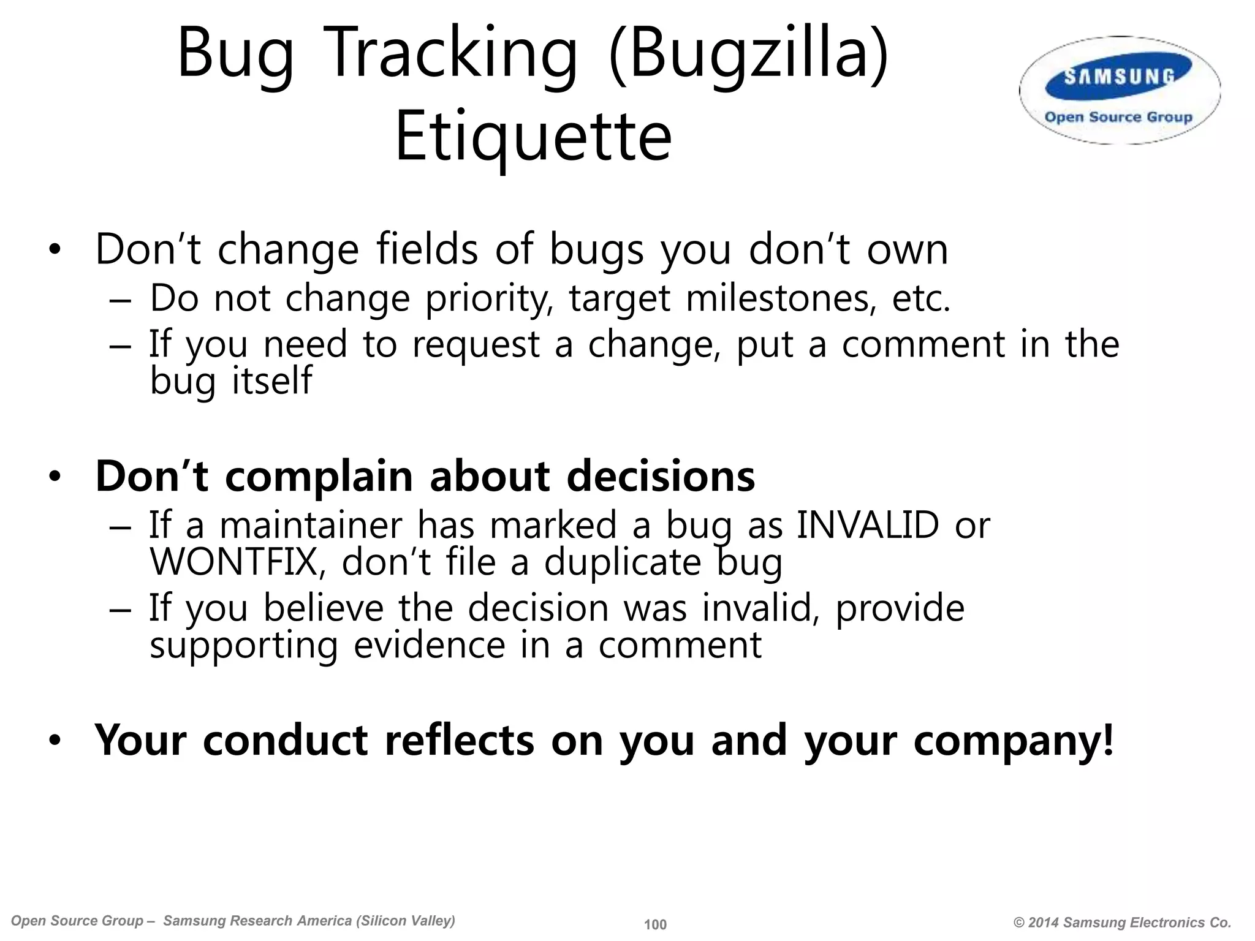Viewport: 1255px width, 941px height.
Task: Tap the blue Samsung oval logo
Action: click(x=1119, y=77)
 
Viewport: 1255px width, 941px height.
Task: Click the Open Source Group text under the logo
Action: click(x=1118, y=117)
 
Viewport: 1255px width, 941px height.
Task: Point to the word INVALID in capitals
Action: click(x=867, y=526)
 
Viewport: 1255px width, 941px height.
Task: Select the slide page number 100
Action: click(x=655, y=924)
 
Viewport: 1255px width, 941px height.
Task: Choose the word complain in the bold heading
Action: click(x=319, y=477)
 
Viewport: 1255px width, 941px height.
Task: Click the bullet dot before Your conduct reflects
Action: click(x=55, y=741)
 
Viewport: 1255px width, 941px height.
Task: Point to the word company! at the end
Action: click(x=1013, y=741)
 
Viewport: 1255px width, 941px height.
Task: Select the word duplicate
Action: click(x=622, y=562)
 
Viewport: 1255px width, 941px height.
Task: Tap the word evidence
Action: click(x=429, y=645)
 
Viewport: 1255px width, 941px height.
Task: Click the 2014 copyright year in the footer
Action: click(x=1044, y=923)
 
